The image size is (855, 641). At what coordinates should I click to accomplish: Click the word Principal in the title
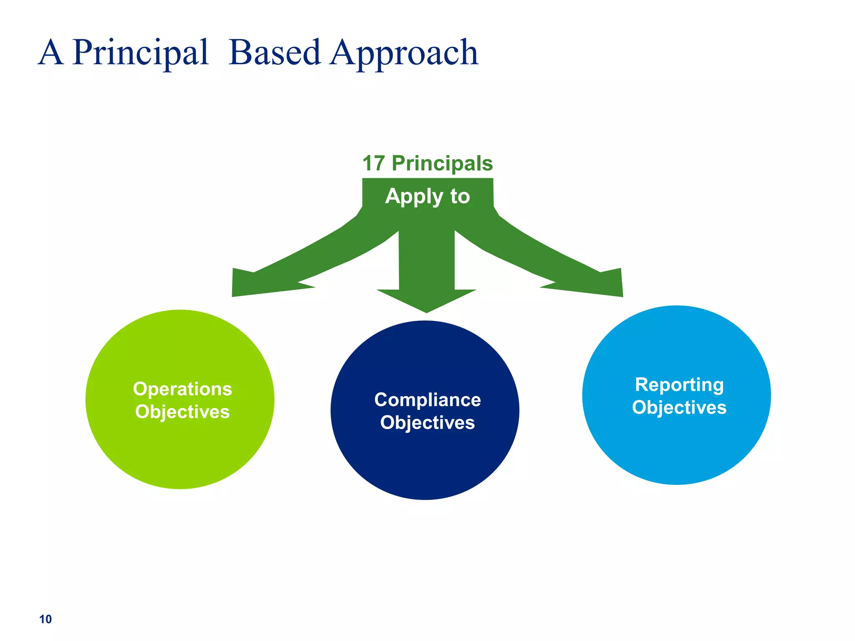[x=140, y=53]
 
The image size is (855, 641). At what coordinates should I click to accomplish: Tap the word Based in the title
[x=274, y=53]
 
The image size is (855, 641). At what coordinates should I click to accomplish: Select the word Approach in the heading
[x=404, y=53]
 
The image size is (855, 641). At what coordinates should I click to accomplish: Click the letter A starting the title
[x=51, y=53]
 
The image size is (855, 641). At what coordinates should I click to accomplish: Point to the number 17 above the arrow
[x=373, y=163]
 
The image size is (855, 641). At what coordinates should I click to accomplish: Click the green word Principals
[x=442, y=163]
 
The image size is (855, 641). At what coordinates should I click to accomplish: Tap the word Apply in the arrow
[x=414, y=196]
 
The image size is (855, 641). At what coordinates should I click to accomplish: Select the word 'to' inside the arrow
[x=460, y=196]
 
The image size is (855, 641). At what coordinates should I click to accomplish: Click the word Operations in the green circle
[x=182, y=389]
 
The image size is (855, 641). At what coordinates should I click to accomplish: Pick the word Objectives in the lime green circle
[x=182, y=412]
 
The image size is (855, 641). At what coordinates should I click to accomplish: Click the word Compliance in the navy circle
[x=427, y=400]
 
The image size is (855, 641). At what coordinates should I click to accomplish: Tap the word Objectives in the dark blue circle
[x=427, y=423]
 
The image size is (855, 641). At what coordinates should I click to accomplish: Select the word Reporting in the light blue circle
[x=679, y=385]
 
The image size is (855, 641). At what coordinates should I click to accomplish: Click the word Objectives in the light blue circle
[x=679, y=408]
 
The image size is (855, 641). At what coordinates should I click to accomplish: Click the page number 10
[x=46, y=619]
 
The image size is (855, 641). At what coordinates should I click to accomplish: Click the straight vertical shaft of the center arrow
[x=427, y=259]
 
